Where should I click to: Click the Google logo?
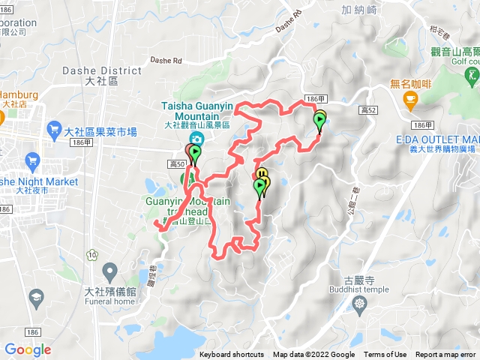click(x=28, y=349)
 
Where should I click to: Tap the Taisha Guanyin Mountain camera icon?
click(x=195, y=139)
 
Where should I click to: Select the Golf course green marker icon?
click(x=472, y=75)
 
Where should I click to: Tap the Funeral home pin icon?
click(x=109, y=270)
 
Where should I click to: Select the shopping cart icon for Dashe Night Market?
click(x=32, y=160)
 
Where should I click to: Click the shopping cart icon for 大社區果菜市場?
click(x=54, y=130)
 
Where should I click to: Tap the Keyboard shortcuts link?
click(x=231, y=355)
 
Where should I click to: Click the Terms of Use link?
click(x=385, y=355)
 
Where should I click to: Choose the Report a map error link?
click(x=447, y=355)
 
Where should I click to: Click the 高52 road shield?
click(x=367, y=111)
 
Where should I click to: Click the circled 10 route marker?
click(x=92, y=255)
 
